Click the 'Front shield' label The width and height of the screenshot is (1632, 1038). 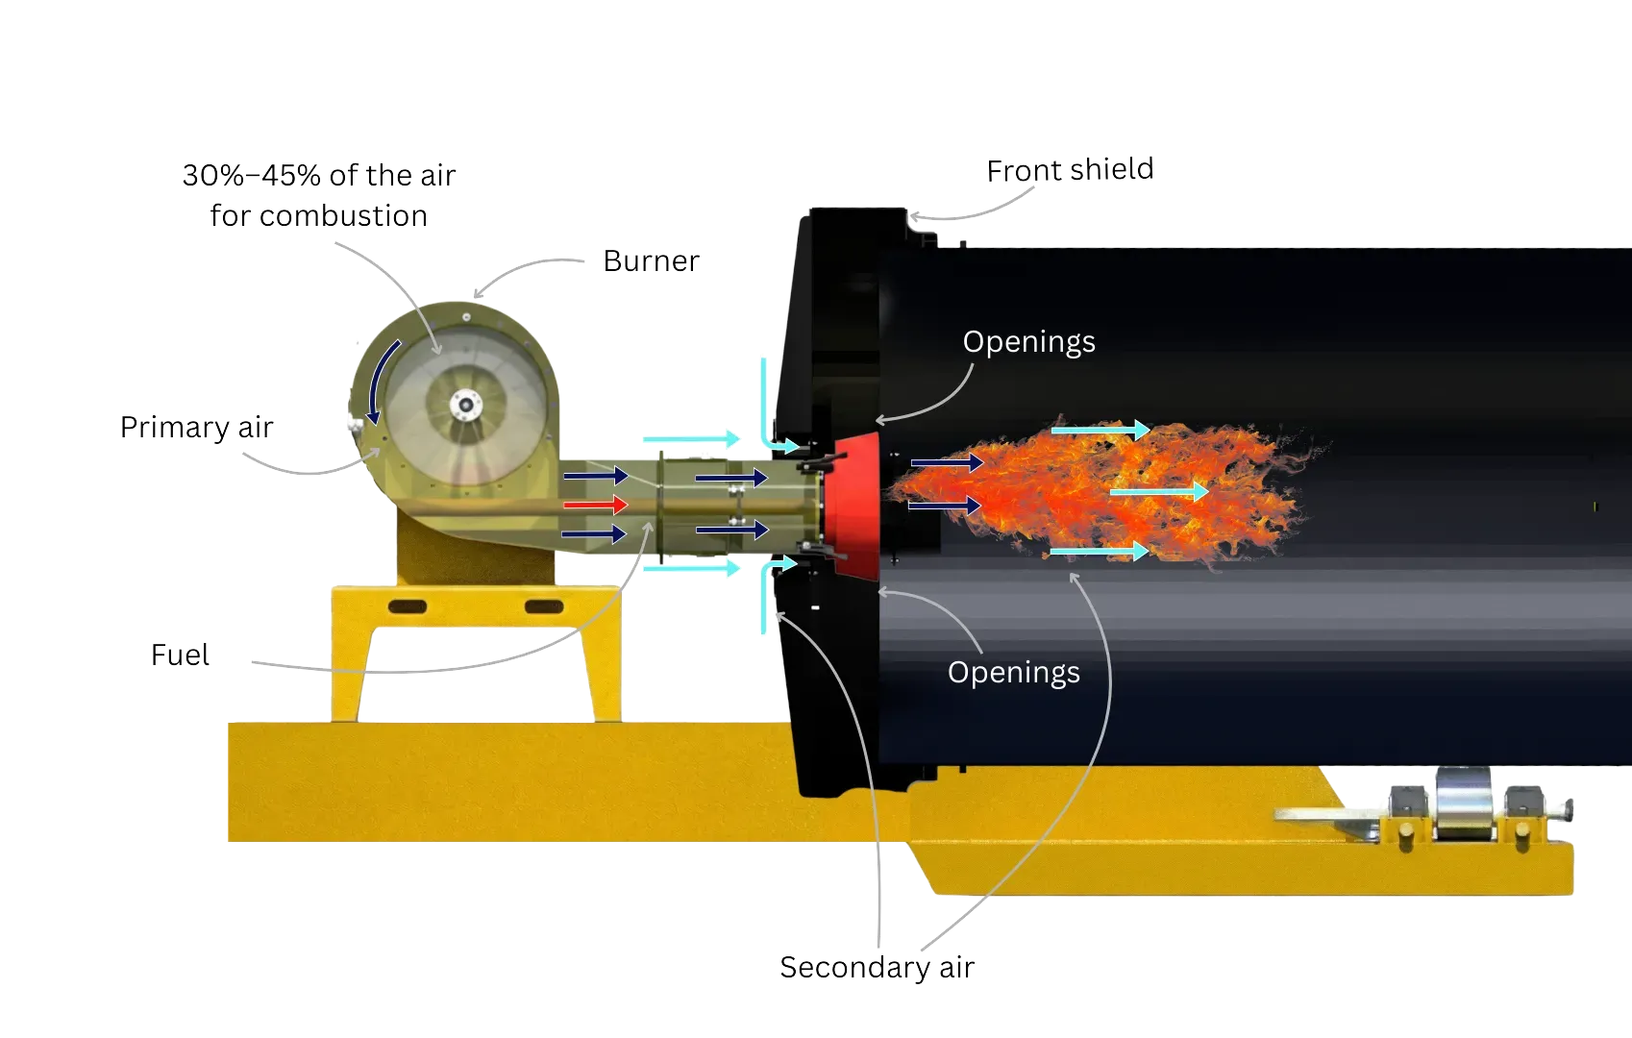[x=1070, y=170]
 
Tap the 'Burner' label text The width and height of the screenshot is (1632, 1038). [x=654, y=261]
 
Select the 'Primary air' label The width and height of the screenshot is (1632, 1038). [x=196, y=427]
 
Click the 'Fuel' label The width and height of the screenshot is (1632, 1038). [x=179, y=655]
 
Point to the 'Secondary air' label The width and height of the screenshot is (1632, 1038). [x=877, y=967]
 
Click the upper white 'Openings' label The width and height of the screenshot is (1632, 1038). [x=1028, y=342]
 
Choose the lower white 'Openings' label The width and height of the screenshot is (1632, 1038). [x=1013, y=672]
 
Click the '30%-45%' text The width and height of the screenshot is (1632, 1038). [x=252, y=176]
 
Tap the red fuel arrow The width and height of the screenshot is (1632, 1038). [x=595, y=505]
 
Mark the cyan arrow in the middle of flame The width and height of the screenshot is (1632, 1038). [x=1158, y=491]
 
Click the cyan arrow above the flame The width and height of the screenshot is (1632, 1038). [x=1100, y=430]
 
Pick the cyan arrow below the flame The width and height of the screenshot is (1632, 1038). [x=1099, y=551]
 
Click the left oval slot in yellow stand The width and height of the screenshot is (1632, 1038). [x=408, y=606]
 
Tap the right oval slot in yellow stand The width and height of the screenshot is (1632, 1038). [x=544, y=606]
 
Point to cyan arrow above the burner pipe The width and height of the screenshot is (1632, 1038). [x=690, y=439]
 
